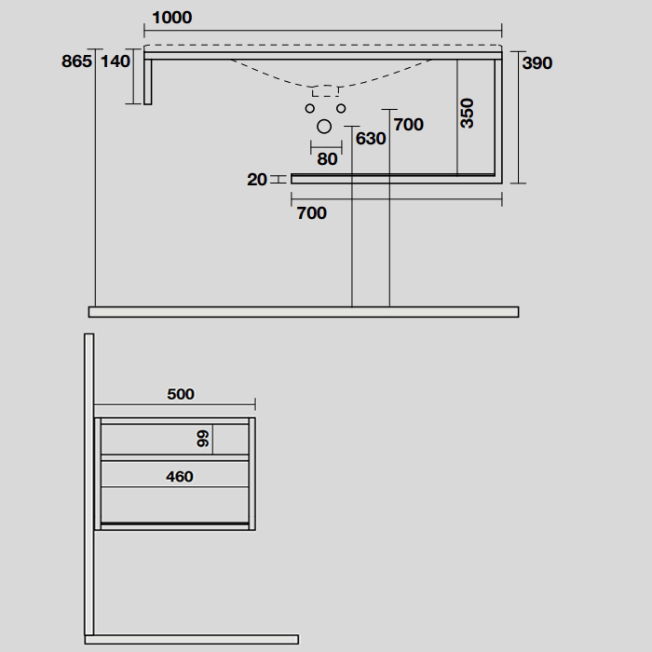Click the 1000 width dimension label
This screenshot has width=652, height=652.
pyautogui.click(x=172, y=18)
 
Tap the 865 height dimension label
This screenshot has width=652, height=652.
pyautogui.click(x=76, y=61)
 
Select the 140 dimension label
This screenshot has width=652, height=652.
pyautogui.click(x=115, y=61)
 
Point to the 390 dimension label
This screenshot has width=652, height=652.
pyautogui.click(x=537, y=62)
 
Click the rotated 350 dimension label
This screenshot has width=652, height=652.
pyautogui.click(x=467, y=113)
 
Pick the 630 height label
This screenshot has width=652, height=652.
pyautogui.click(x=371, y=139)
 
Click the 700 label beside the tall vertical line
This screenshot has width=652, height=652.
pyautogui.click(x=408, y=124)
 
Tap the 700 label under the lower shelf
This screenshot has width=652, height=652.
pyautogui.click(x=311, y=213)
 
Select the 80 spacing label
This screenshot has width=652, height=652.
pyautogui.click(x=327, y=159)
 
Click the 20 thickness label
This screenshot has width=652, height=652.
pyautogui.click(x=256, y=180)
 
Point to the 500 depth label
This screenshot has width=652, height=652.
pyautogui.click(x=181, y=394)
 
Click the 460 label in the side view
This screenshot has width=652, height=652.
pyautogui.click(x=180, y=476)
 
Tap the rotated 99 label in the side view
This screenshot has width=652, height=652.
pyautogui.click(x=202, y=439)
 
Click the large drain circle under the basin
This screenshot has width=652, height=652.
pyautogui.click(x=324, y=127)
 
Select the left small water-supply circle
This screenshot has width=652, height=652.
pyautogui.click(x=310, y=109)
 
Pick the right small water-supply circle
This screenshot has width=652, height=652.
pyautogui.click(x=341, y=109)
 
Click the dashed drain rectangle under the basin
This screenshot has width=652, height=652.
pyautogui.click(x=325, y=91)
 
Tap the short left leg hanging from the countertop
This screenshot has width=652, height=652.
pyautogui.click(x=147, y=82)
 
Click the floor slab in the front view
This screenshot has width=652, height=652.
pyautogui.click(x=304, y=312)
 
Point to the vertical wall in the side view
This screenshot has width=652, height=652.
pyautogui.click(x=89, y=484)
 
